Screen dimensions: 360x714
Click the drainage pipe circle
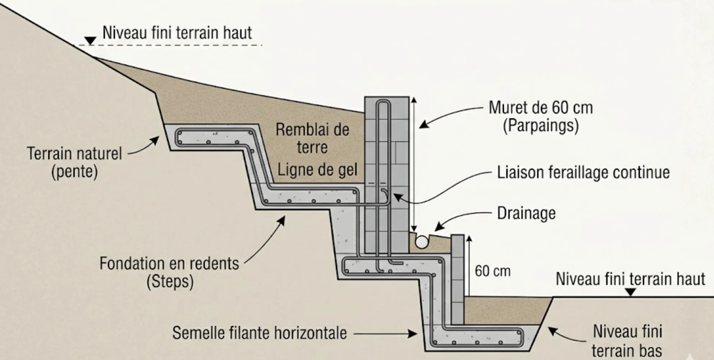422,241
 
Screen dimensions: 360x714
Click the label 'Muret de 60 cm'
540,108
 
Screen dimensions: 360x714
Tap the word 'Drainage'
526,213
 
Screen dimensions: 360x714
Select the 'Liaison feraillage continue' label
583,172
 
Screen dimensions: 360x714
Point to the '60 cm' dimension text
492,271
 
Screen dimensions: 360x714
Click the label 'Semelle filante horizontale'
259,333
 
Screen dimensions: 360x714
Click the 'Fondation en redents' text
169,263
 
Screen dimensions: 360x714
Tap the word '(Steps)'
170,281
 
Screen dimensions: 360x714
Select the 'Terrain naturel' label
74,154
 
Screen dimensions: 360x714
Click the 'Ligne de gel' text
317,170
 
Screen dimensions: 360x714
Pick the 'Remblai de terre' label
312,138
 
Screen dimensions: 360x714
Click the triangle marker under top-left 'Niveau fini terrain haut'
90,41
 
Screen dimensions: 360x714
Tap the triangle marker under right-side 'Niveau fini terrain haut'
630,293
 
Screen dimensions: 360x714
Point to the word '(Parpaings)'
540,126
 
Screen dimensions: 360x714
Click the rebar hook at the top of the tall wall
383,103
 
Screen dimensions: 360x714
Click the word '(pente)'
74,172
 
